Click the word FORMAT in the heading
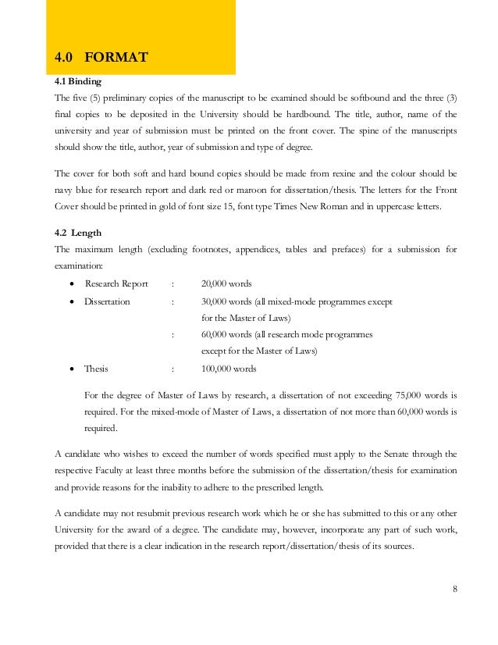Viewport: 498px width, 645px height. pyautogui.click(x=116, y=57)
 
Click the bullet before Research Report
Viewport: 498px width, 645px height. pyautogui.click(x=73, y=283)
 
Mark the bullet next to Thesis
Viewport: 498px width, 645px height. pyautogui.click(x=73, y=369)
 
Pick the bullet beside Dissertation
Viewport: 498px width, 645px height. pyautogui.click(x=73, y=301)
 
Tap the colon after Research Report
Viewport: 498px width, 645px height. pyautogui.click(x=173, y=283)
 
